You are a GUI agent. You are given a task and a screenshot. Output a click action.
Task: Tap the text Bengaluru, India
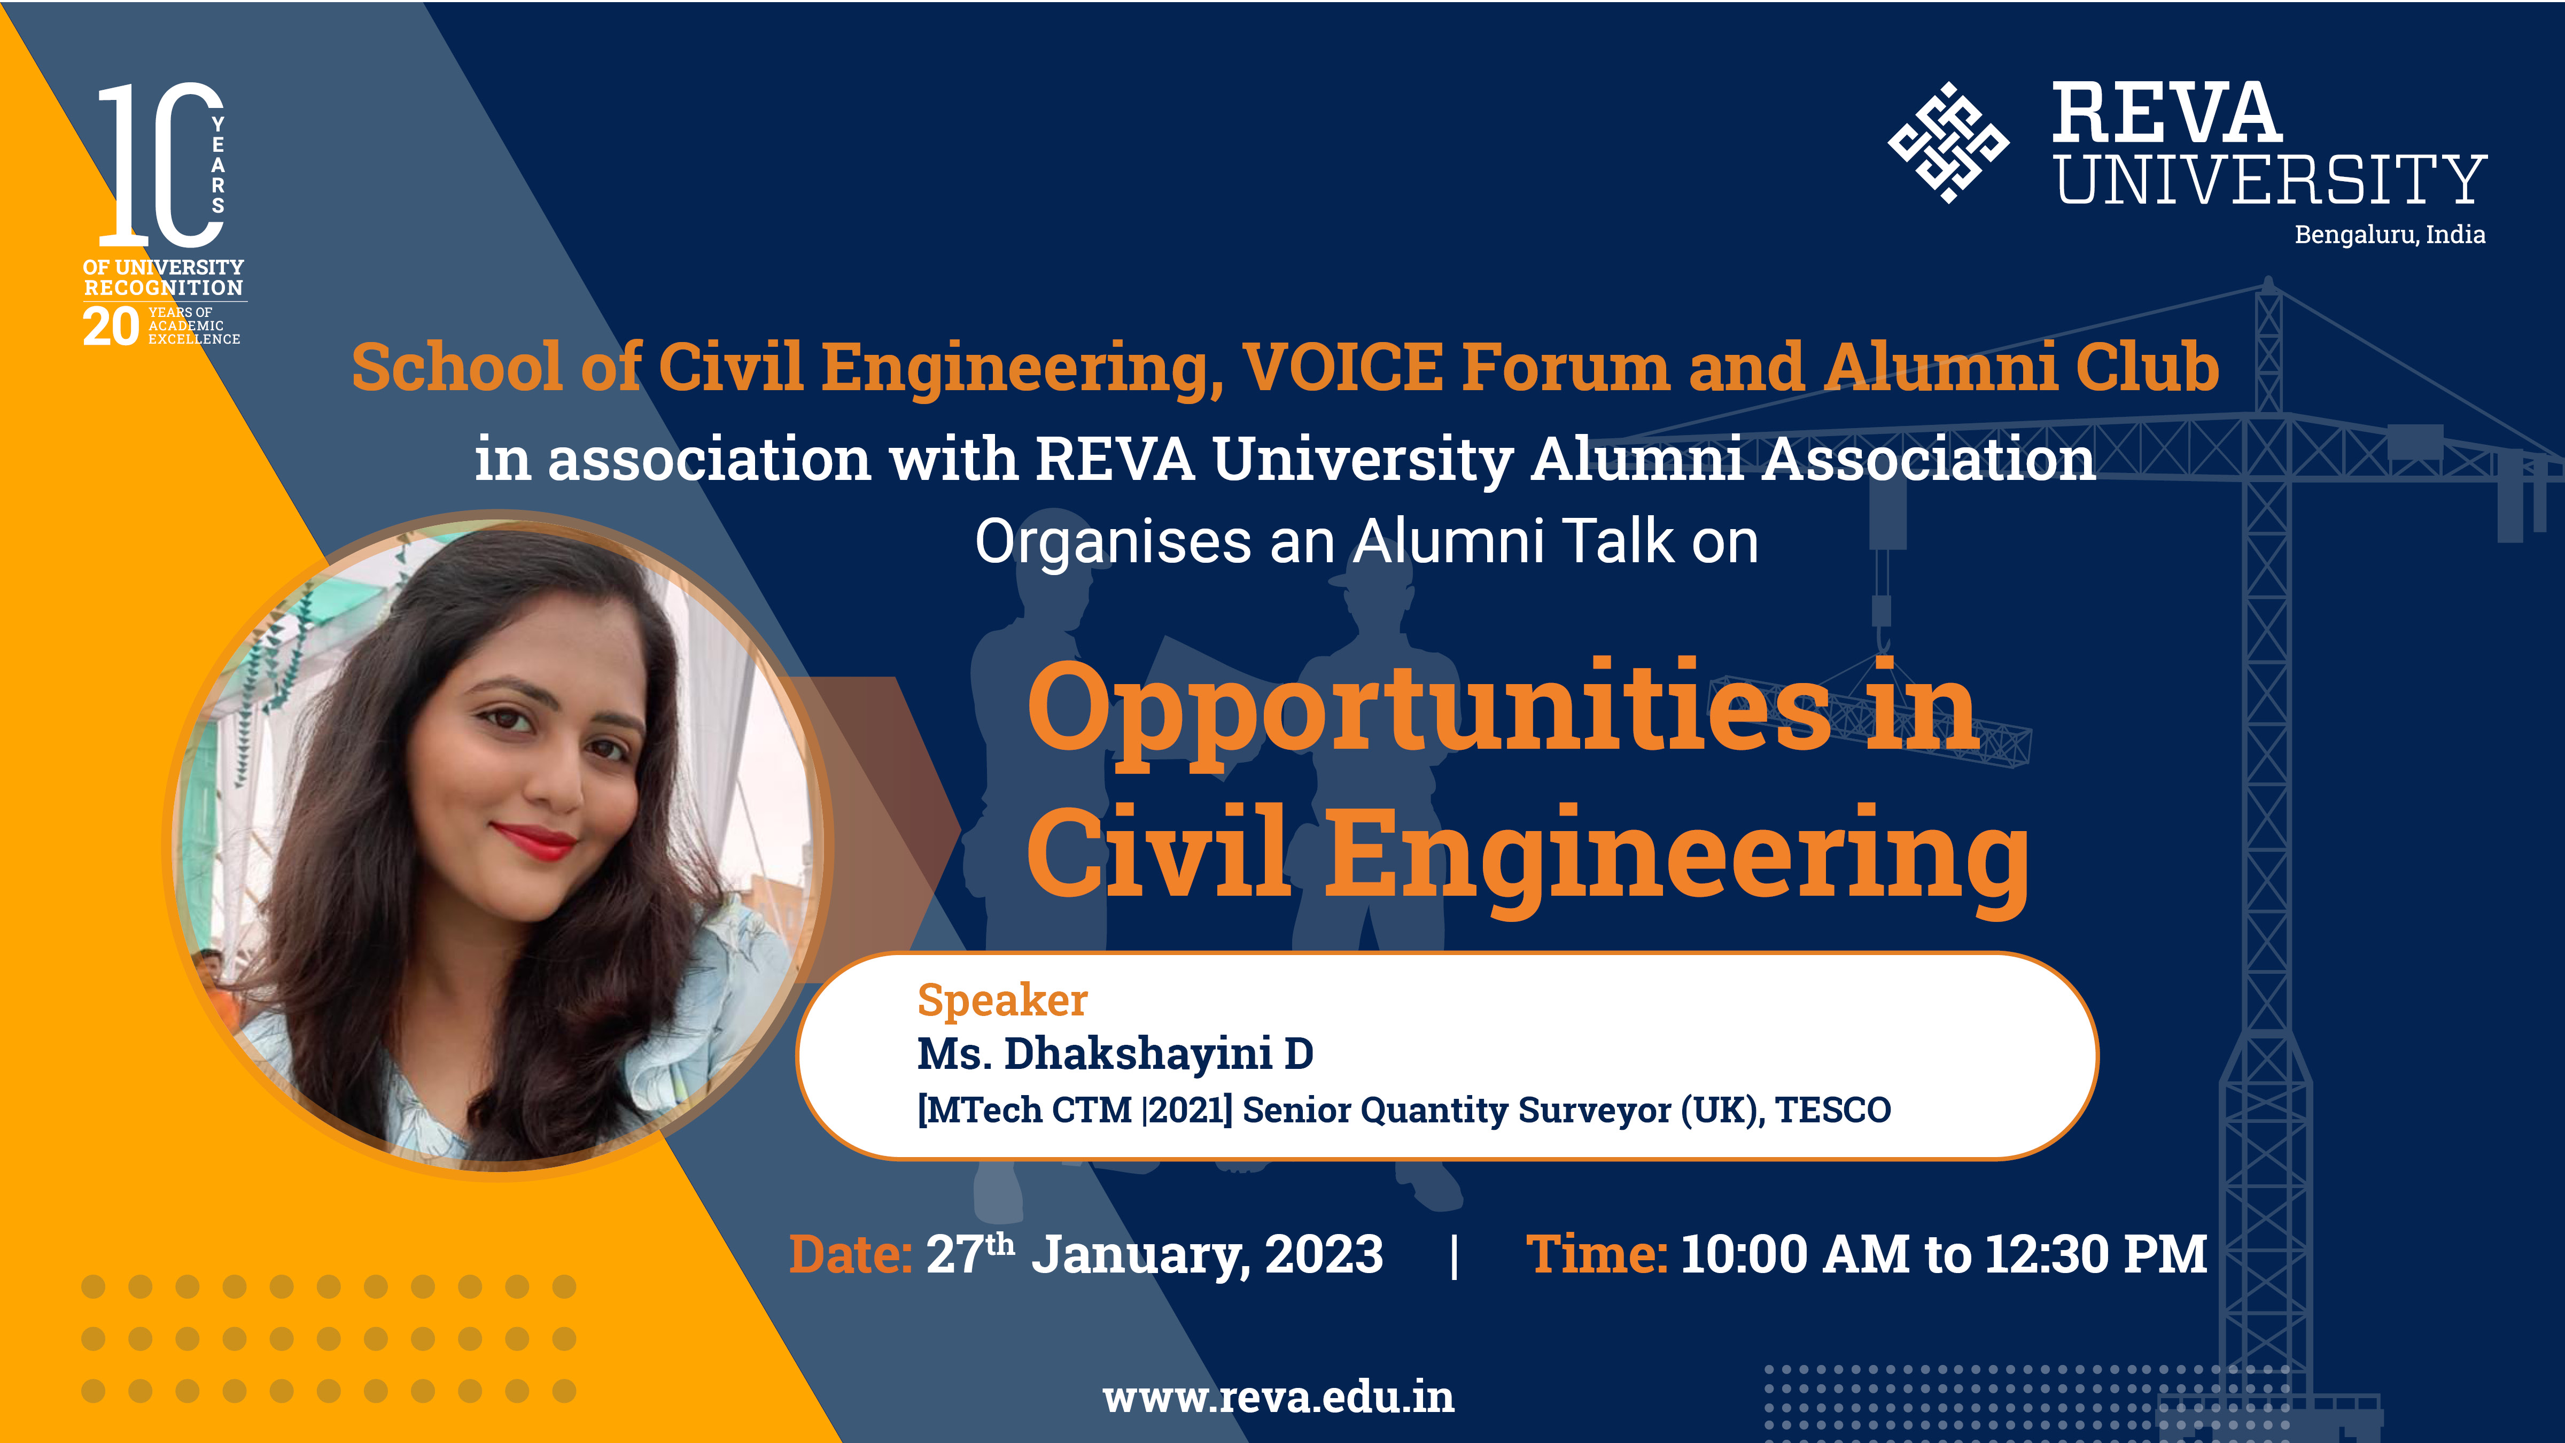point(2390,235)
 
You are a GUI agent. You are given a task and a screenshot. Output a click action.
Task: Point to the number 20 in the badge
point(111,327)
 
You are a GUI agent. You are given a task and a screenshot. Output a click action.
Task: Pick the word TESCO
point(1832,1110)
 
